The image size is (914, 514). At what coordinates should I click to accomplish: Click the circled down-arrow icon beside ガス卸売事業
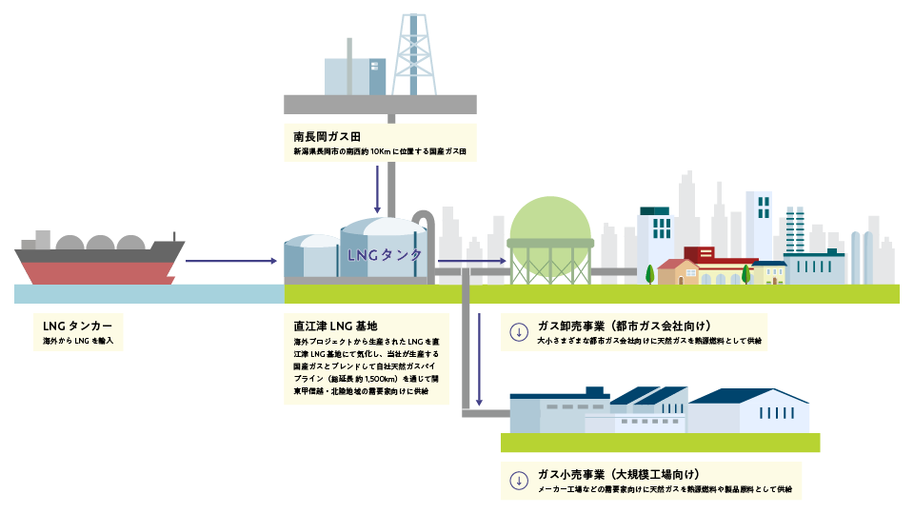pos(519,331)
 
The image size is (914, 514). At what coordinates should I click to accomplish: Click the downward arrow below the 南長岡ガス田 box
pos(379,189)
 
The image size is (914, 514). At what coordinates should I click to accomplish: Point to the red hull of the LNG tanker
pos(95,272)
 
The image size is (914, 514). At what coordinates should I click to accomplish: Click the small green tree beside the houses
pos(650,273)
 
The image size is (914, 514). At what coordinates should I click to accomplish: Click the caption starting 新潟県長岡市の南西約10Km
pos(380,152)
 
